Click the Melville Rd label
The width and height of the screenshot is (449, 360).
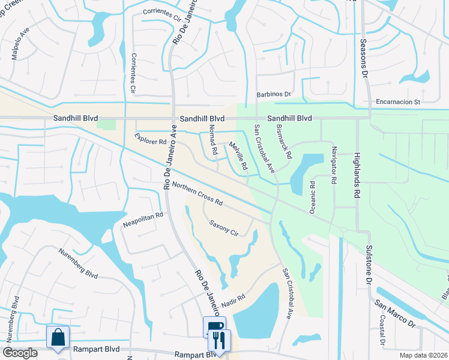(x=238, y=157)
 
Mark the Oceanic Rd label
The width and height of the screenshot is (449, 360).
(x=312, y=197)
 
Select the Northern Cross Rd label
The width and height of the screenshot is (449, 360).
(x=197, y=193)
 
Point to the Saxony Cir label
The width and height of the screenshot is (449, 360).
(x=224, y=228)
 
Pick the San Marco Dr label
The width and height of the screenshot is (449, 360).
(x=396, y=314)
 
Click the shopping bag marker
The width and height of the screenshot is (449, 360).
(x=58, y=338)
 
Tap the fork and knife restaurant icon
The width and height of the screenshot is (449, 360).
(x=219, y=340)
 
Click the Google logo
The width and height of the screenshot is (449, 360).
(x=20, y=353)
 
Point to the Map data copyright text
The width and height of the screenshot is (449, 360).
(x=423, y=354)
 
